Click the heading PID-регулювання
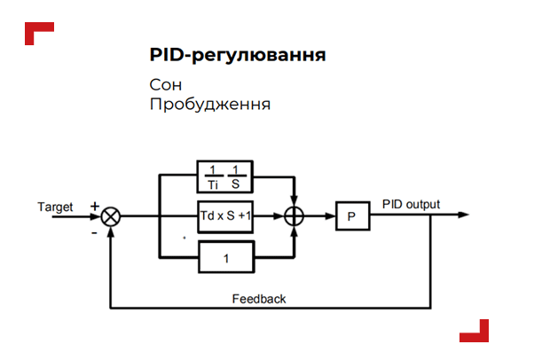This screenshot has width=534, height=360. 238,56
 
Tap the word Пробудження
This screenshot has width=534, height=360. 209,105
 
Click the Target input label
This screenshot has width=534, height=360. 55,207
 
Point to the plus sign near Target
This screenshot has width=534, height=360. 95,206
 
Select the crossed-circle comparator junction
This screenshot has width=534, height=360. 111,216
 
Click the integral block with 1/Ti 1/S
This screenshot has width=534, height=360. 225,176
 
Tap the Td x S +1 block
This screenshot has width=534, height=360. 225,216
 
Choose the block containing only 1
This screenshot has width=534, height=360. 225,258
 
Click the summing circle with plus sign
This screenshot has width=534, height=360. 294,216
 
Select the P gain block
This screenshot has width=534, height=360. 351,216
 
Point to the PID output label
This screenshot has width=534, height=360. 411,204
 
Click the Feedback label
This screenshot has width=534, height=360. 259,299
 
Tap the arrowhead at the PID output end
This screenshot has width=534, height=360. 464,216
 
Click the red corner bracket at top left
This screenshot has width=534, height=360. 38,33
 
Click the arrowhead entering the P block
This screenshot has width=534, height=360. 330,216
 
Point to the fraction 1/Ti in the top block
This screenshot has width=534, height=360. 212,176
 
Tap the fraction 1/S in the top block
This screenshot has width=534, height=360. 236,176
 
